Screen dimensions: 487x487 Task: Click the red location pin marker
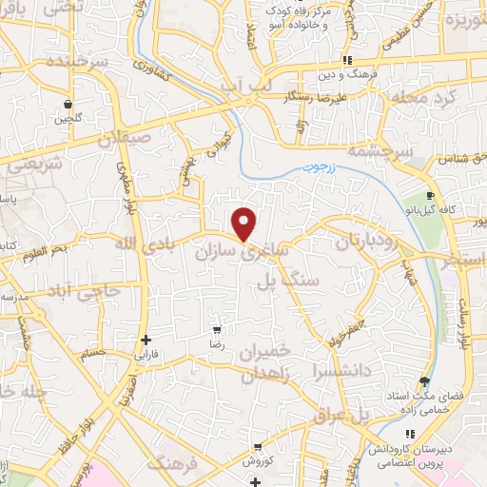point(245,224)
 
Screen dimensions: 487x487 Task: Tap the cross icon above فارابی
point(145,340)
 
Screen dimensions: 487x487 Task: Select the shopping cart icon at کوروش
point(258,446)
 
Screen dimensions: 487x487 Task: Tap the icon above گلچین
point(68,105)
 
